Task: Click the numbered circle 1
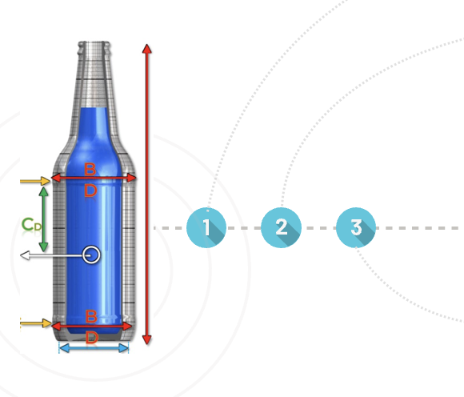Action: click(x=206, y=227)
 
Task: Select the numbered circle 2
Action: click(x=281, y=227)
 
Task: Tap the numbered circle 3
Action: click(x=356, y=227)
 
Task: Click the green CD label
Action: click(x=32, y=224)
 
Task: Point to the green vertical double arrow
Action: click(x=43, y=219)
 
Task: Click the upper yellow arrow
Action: click(x=35, y=181)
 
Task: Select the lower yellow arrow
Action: click(x=36, y=323)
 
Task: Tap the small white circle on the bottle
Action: click(x=91, y=255)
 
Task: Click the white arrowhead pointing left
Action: click(x=25, y=255)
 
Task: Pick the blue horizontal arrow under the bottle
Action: click(x=94, y=348)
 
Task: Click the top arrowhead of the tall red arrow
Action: click(x=146, y=49)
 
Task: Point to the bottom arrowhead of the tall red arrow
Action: click(x=146, y=340)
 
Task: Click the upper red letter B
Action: click(x=90, y=169)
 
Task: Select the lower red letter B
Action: click(x=91, y=316)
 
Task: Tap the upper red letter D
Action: click(x=90, y=190)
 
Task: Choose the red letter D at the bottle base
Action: click(x=91, y=338)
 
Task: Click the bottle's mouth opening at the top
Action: click(x=94, y=43)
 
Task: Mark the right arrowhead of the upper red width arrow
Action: click(x=131, y=178)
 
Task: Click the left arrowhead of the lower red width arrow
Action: click(x=57, y=326)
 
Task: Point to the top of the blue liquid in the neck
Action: click(x=94, y=108)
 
